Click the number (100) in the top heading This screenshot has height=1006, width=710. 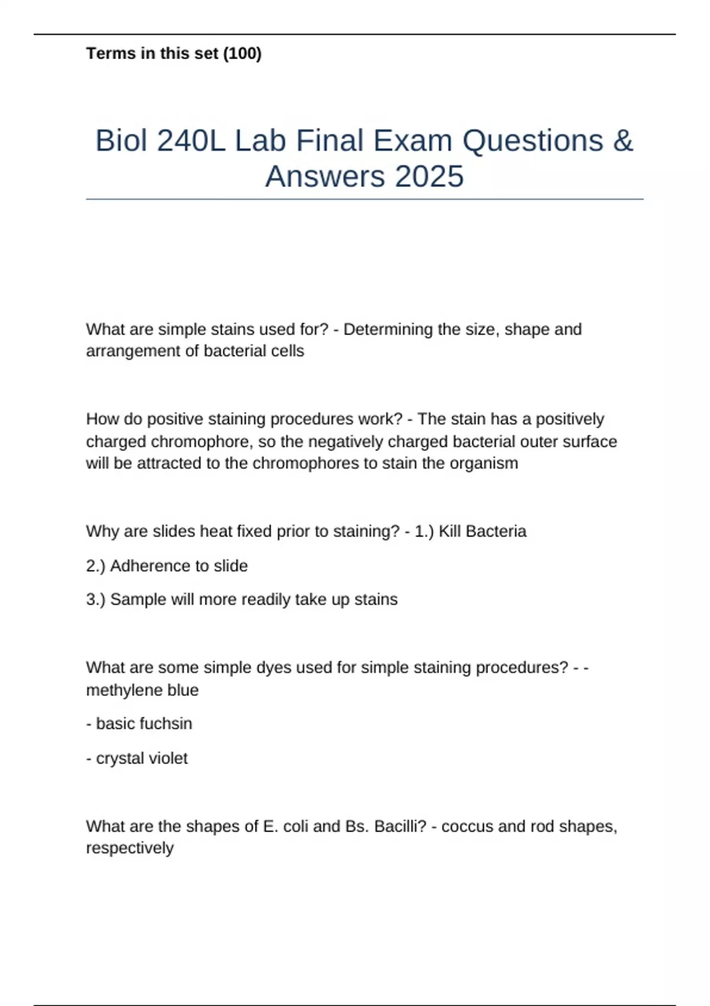point(242,54)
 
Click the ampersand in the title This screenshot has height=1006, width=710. point(622,141)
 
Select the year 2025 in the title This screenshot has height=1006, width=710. point(430,177)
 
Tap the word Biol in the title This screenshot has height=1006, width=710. point(121,141)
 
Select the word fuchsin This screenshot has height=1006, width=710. point(168,724)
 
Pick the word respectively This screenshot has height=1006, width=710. point(130,848)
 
